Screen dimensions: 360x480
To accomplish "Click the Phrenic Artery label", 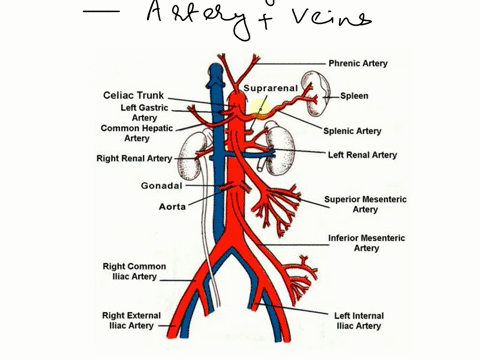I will pyautogui.click(x=361, y=62).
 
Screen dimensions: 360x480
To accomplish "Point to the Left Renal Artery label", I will pyautogui.click(x=362, y=155).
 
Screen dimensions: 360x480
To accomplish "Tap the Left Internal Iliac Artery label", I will pyautogui.click(x=360, y=320).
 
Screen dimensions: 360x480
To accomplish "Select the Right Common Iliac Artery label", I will pyautogui.click(x=134, y=271).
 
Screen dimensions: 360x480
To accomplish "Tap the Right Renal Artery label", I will pyautogui.click(x=134, y=158).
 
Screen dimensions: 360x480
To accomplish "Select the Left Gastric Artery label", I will pyautogui.click(x=145, y=112).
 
